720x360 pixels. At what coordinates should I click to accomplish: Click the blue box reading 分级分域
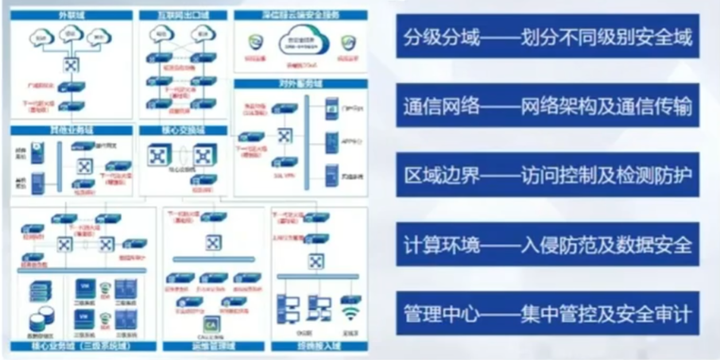(x=548, y=37)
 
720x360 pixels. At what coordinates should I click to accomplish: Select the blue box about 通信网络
(x=548, y=106)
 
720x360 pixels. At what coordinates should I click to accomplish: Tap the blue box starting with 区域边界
(x=548, y=175)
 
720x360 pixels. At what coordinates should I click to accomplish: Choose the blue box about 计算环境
(x=548, y=244)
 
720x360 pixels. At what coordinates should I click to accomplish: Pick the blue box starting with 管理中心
(x=548, y=313)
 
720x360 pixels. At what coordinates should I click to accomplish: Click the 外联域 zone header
(x=70, y=14)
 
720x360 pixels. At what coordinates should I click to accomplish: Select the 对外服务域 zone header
(x=300, y=83)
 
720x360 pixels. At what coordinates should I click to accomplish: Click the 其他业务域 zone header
(x=70, y=130)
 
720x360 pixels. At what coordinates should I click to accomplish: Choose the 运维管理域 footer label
(x=210, y=346)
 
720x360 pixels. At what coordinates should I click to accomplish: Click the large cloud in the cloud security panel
(x=300, y=41)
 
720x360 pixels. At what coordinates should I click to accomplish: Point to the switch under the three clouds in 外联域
(x=70, y=65)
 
